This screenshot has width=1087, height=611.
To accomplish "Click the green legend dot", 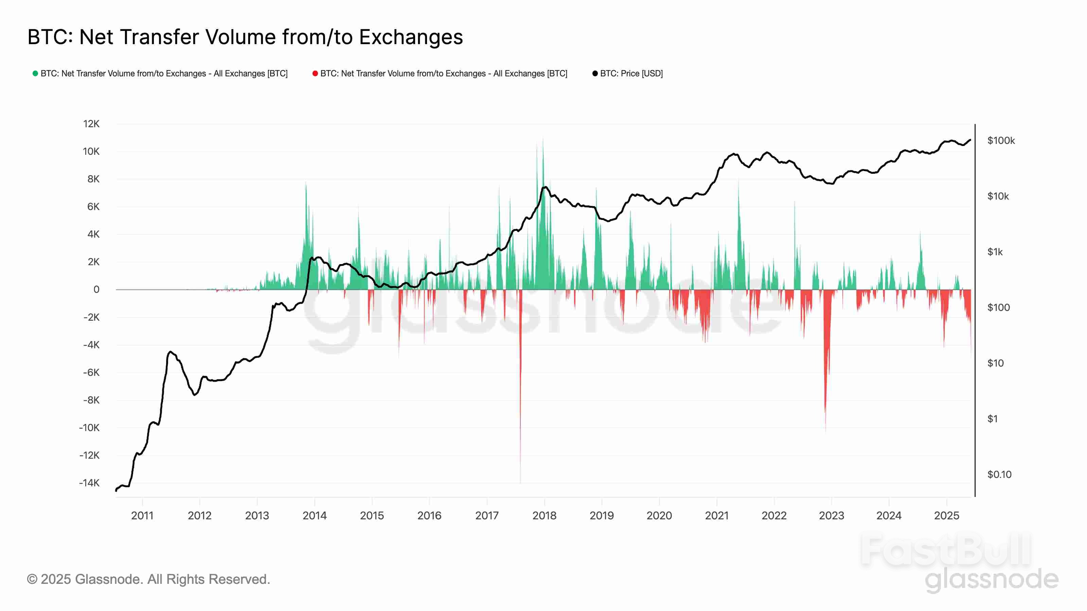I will coord(35,73).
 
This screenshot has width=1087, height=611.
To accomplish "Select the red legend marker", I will coord(315,73).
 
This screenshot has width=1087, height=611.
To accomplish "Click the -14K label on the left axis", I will coord(89,483).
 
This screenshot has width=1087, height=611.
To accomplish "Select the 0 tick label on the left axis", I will coord(96,290).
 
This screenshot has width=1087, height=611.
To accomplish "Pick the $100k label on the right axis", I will coord(1001,141).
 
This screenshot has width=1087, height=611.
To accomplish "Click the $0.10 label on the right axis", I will coord(999,475).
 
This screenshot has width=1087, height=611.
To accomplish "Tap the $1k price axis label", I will coord(995,252).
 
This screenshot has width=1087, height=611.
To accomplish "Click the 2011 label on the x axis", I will coord(142,515).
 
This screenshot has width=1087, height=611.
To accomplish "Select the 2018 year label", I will coord(544,515).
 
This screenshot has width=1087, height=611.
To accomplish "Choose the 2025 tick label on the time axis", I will coord(946,515).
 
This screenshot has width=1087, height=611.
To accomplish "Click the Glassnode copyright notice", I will coord(148,579).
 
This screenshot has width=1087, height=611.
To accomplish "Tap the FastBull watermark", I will coord(945,550).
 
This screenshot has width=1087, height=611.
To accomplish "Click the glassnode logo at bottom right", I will coord(992,579).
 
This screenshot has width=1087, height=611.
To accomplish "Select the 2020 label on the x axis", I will coord(659,515).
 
